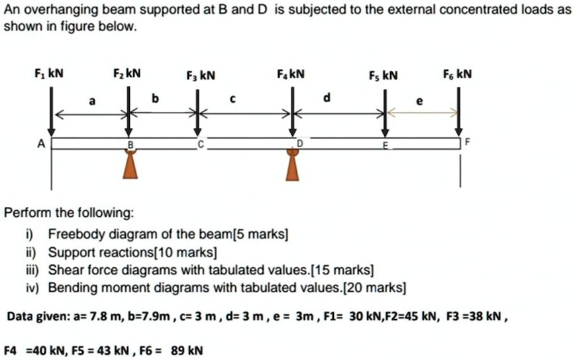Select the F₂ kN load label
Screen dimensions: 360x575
pos(127,73)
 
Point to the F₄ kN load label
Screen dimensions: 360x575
pos(291,73)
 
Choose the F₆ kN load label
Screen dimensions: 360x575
pos(458,74)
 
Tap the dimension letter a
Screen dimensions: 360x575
pos(92,101)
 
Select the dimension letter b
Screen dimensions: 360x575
pos(156,99)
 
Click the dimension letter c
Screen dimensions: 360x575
pos(233,100)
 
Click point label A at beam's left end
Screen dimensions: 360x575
pos(41,143)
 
